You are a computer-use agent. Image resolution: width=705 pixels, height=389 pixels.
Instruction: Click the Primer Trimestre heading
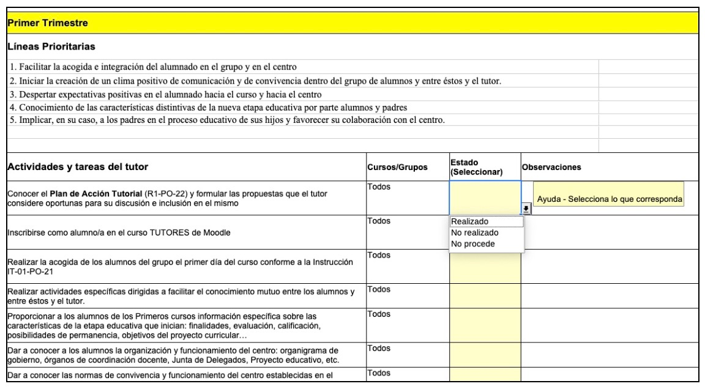point(47,23)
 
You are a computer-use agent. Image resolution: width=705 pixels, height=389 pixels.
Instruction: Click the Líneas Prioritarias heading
point(51,46)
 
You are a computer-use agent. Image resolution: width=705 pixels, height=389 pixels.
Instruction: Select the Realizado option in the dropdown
point(469,222)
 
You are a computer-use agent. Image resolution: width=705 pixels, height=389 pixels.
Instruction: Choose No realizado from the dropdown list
point(474,233)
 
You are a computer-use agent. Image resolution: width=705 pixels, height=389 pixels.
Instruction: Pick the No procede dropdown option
point(472,244)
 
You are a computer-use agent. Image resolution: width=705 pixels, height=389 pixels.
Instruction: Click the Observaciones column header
point(551,167)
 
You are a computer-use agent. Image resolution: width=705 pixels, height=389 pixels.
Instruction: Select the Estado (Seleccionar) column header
point(476,167)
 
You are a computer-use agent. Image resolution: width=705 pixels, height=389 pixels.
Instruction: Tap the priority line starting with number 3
point(165,94)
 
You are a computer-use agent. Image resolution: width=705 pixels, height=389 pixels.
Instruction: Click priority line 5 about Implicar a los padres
point(227,120)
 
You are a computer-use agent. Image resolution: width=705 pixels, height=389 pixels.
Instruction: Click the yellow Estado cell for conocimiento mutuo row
point(485,295)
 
